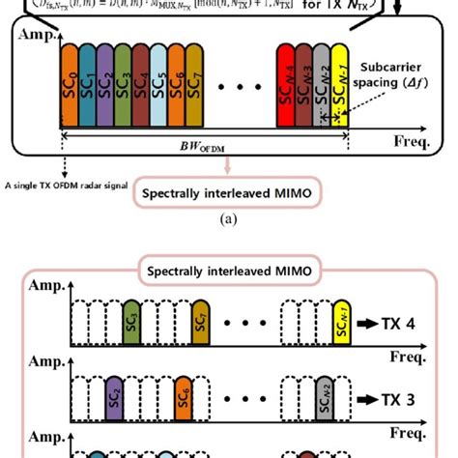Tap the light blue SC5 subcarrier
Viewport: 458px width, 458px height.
point(163,88)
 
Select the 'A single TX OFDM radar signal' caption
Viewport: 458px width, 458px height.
point(67,186)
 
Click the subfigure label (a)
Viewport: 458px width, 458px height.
point(228,219)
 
